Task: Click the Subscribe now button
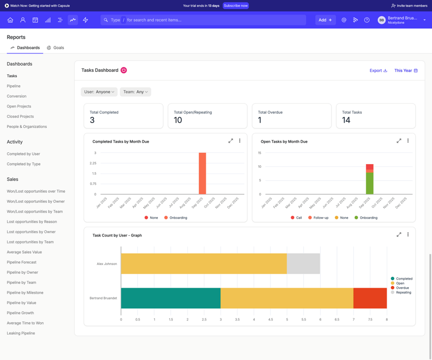(235, 5)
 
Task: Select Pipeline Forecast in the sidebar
(22, 262)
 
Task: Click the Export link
(378, 70)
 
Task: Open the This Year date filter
(406, 70)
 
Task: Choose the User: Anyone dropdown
(99, 92)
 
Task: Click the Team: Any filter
(135, 92)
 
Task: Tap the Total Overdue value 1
(260, 120)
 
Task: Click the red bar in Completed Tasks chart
(202, 173)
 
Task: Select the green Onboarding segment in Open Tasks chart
(369, 183)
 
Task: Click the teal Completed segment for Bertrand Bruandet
(171, 298)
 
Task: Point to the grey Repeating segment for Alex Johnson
(303, 263)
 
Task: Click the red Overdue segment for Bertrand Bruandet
(370, 298)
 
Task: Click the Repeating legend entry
(403, 293)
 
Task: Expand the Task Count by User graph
(399, 235)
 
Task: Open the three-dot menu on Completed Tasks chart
(240, 141)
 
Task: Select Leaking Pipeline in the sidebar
(21, 333)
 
